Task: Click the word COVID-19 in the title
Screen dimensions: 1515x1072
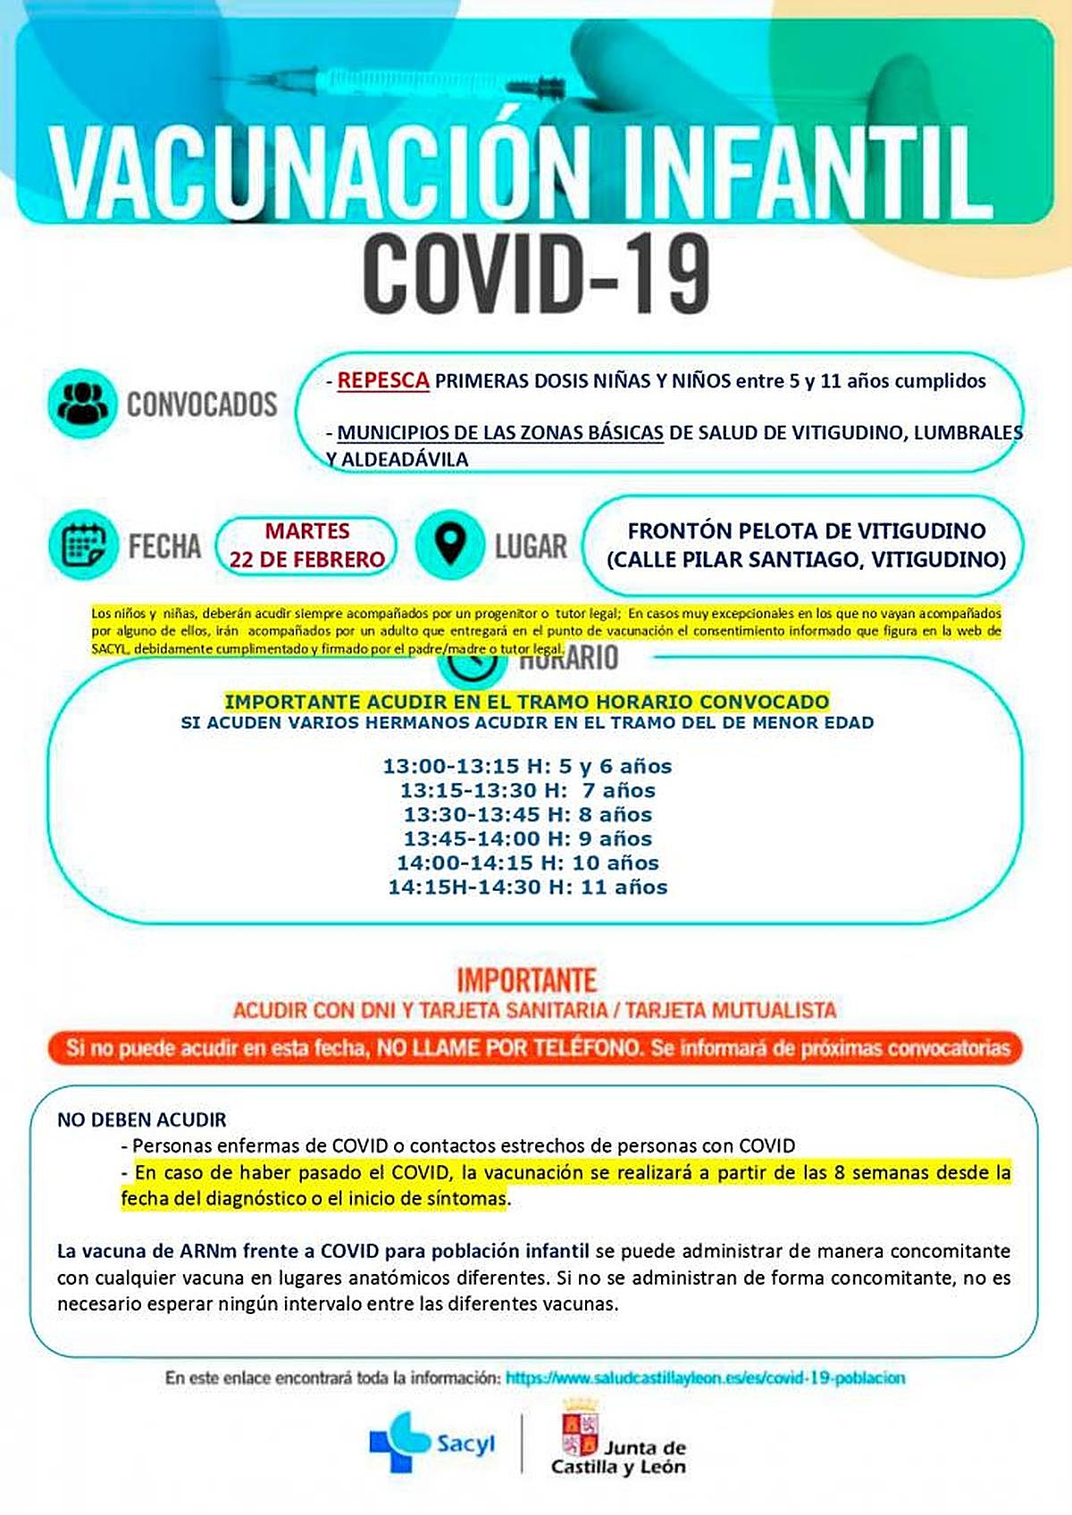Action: click(x=536, y=272)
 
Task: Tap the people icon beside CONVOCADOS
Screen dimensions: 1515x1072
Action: click(x=82, y=403)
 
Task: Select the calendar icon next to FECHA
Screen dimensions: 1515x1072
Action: click(x=83, y=544)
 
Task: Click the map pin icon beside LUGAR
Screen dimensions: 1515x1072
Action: click(x=449, y=544)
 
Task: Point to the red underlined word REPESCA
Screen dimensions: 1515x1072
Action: click(x=383, y=380)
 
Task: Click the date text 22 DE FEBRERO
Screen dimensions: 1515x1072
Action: click(x=306, y=560)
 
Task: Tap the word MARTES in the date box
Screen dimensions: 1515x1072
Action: click(x=306, y=531)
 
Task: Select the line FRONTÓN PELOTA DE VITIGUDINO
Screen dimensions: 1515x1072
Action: click(x=806, y=530)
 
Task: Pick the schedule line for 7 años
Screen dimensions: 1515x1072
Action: click(x=527, y=790)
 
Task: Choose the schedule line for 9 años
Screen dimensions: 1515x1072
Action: click(x=527, y=838)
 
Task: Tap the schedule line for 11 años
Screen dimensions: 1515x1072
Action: click(x=527, y=887)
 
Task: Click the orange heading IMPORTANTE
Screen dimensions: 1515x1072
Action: click(x=526, y=980)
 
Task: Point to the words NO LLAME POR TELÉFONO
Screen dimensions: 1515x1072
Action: click(x=509, y=1047)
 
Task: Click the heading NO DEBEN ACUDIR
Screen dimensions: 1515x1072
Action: click(x=142, y=1120)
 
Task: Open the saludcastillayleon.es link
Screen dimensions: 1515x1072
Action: click(x=705, y=1378)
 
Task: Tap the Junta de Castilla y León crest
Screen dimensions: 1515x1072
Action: click(x=579, y=1428)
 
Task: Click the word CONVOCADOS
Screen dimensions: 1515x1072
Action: click(x=202, y=404)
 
